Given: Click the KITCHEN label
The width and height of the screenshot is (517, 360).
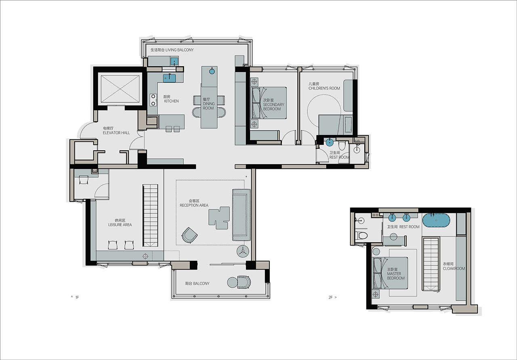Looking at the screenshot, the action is [x=171, y=101].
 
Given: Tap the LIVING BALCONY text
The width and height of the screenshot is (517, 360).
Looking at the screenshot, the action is [x=180, y=50].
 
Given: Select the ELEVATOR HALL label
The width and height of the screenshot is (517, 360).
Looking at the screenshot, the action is [x=116, y=133].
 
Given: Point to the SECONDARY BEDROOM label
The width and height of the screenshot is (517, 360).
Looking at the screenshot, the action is [x=273, y=107].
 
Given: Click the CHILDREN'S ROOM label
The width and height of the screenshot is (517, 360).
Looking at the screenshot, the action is [x=324, y=88].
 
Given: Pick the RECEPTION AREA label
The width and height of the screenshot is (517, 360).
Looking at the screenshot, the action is [x=194, y=205].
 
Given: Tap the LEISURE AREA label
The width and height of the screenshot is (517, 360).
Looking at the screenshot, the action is [x=120, y=225].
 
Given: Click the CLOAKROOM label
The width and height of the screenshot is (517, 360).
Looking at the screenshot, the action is [x=454, y=269].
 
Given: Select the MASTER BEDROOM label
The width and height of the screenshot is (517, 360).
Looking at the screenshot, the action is [x=395, y=276].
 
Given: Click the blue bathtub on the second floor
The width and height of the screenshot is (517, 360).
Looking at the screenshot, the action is [x=436, y=221].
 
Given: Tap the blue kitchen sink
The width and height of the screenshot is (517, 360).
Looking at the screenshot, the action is [x=169, y=78].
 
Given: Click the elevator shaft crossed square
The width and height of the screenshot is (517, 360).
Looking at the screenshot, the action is [x=120, y=88].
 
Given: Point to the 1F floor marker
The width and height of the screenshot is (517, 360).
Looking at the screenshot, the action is [x=75, y=297].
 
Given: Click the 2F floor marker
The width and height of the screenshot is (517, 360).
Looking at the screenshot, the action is [x=332, y=297].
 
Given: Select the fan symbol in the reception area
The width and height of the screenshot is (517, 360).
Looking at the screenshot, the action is [x=243, y=251].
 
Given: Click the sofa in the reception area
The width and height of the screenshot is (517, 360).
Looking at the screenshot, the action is [x=242, y=215].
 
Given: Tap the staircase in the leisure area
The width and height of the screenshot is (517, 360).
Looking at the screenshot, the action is [x=151, y=215].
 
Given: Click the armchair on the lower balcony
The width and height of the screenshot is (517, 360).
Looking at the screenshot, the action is [x=244, y=282].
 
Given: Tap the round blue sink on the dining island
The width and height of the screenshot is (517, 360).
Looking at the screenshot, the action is [x=212, y=72].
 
